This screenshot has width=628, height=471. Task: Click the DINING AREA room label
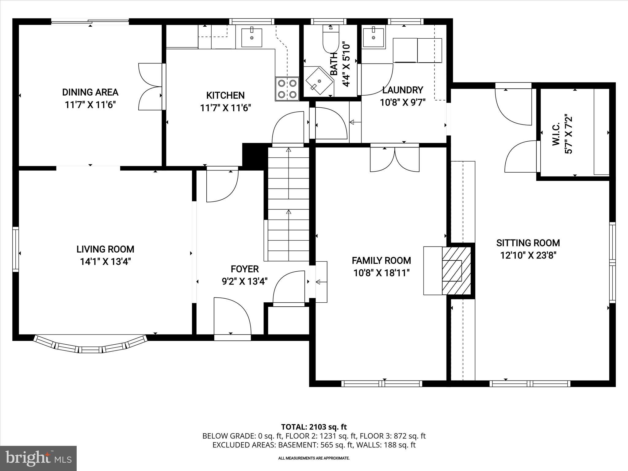click(90, 92)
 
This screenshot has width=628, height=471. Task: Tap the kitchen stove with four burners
click(287, 88)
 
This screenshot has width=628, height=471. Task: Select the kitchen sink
click(252, 38)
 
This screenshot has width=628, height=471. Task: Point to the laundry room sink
click(373, 37)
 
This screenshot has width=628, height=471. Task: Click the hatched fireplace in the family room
click(456, 270)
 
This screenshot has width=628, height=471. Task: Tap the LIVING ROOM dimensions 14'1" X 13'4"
click(105, 262)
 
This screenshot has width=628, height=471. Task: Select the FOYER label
click(244, 269)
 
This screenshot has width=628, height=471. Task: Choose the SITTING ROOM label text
click(528, 243)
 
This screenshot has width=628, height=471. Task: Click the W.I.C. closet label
click(556, 134)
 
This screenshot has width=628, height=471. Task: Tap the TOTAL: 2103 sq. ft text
click(314, 427)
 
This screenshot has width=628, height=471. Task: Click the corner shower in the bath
click(319, 81)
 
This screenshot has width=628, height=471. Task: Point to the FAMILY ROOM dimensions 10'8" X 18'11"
click(381, 273)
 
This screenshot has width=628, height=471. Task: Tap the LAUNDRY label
click(403, 90)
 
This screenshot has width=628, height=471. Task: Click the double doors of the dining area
click(150, 87)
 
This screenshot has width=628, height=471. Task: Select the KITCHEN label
click(225, 95)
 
